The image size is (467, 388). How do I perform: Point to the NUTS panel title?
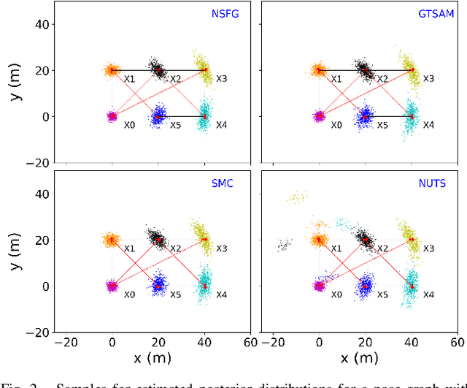click(x=433, y=183)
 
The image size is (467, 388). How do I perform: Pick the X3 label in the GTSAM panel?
click(x=428, y=78)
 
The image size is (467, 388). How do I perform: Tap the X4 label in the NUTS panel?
click(x=428, y=294)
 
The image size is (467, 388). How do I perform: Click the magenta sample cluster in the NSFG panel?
click(x=112, y=116)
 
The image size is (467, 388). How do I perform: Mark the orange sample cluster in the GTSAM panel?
click(x=318, y=70)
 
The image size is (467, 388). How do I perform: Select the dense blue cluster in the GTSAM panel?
click(x=366, y=115)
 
